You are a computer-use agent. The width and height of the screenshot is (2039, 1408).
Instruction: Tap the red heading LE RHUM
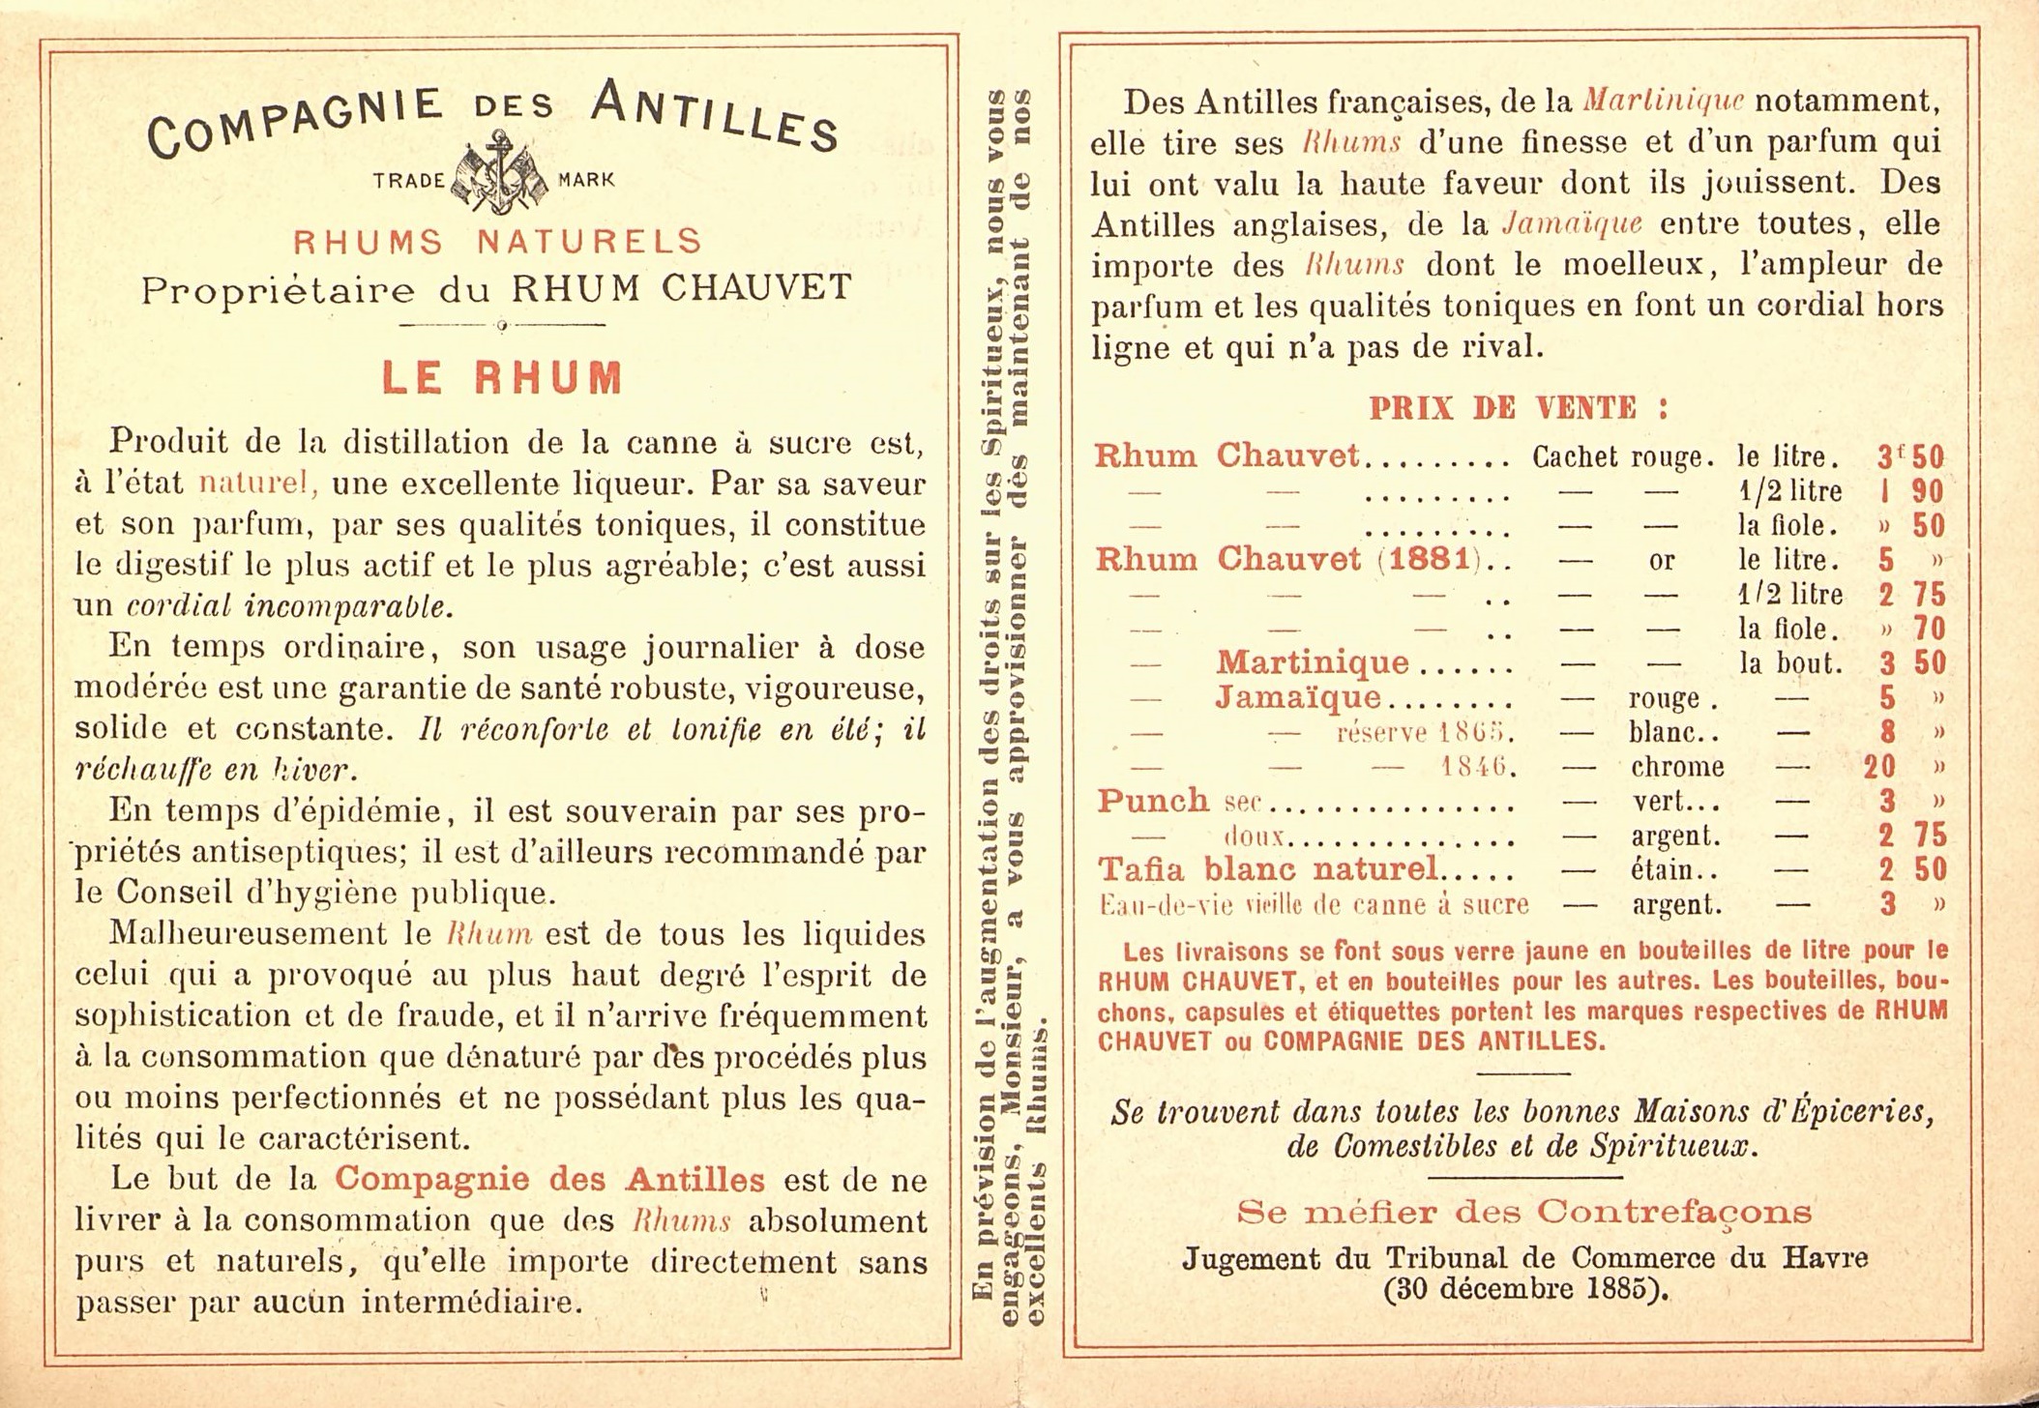(502, 378)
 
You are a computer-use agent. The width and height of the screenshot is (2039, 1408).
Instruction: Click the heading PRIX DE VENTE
(1519, 408)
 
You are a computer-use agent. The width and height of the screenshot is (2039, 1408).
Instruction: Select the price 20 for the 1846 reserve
(1879, 767)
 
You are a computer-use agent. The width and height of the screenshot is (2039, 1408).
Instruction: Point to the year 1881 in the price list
(1429, 559)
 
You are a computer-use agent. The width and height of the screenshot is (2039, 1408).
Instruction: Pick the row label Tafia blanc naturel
(1268, 869)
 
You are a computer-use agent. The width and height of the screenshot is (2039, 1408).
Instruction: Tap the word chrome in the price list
(1677, 767)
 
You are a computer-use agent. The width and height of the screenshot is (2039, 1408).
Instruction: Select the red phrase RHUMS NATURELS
(498, 241)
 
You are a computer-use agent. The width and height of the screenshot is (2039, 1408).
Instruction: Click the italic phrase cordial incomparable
(289, 606)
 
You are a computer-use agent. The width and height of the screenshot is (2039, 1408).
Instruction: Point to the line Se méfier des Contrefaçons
(1524, 1212)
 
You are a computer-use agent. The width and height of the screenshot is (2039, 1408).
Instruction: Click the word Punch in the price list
(1152, 801)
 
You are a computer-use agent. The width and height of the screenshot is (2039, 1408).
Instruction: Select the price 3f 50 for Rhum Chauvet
(1910, 456)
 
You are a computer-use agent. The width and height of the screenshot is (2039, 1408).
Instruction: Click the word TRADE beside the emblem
(409, 181)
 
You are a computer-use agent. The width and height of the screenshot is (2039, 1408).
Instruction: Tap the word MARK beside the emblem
(586, 181)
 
